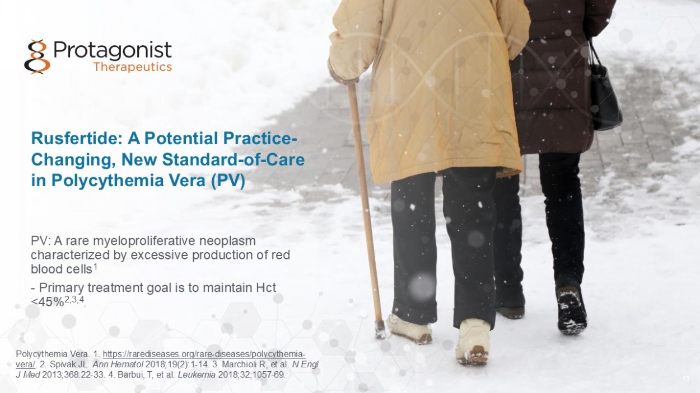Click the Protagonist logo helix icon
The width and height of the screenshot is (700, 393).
(x=37, y=56)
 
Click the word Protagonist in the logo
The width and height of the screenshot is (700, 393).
(x=113, y=50)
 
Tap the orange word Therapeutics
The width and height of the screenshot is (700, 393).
(x=133, y=67)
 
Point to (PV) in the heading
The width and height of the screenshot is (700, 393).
(x=228, y=181)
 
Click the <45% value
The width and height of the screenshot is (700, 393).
(x=48, y=302)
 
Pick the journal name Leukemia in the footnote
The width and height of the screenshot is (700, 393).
(x=197, y=375)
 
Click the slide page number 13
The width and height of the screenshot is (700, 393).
(x=687, y=378)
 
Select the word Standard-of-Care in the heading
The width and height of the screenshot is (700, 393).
(x=234, y=159)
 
